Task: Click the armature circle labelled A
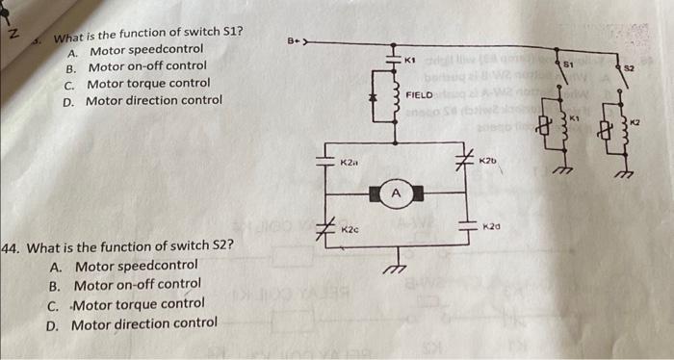point(395,195)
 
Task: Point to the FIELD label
point(422,95)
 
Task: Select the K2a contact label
point(350,165)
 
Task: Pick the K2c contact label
point(350,231)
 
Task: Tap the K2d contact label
point(492,226)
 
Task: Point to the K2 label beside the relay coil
point(635,122)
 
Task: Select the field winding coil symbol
point(393,97)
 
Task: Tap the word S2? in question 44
point(213,246)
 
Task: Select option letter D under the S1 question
point(69,100)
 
